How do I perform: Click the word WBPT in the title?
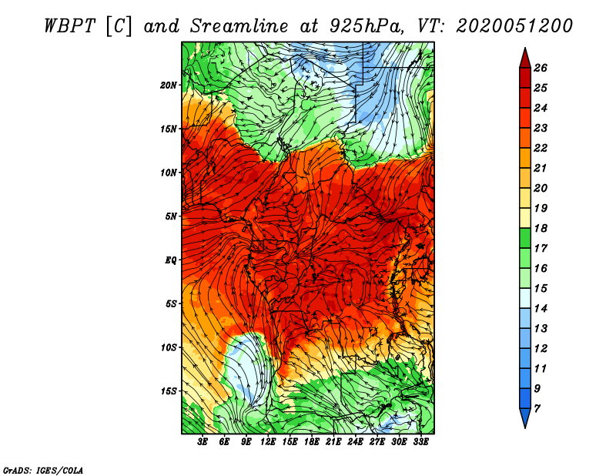pos(69,26)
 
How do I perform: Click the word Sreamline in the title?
pos(239,26)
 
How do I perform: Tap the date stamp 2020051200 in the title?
pos(514,26)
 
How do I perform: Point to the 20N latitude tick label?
pos(169,85)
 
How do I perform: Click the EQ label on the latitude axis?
pos(171,260)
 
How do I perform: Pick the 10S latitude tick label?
pos(169,347)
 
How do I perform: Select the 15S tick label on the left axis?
pos(169,391)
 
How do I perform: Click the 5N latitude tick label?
pos(171,216)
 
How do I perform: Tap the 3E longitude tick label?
pos(203,442)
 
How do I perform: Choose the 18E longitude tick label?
pos(312,442)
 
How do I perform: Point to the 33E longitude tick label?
pos(420,442)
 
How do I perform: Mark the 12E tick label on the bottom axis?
pos(268,442)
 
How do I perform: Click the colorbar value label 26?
pos(541,68)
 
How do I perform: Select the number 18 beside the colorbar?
pos(541,228)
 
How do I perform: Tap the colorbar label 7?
pos(537,409)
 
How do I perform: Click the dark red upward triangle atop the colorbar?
pos(525,59)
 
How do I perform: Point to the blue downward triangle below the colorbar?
pos(525,417)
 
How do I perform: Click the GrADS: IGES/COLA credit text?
pos(43,470)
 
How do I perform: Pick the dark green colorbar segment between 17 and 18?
pos(525,238)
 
